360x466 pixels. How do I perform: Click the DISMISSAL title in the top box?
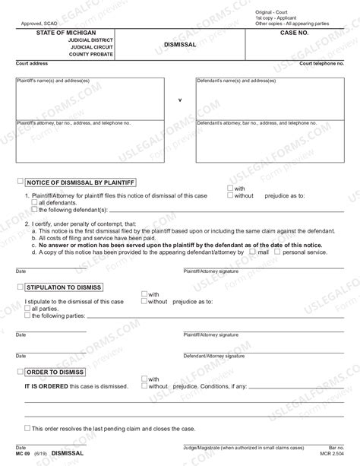[x=180, y=45]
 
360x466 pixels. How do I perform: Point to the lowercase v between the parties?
[x=180, y=100]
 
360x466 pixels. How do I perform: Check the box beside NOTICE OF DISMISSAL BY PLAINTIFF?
[x=20, y=182]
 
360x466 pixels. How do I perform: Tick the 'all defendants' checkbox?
[x=33, y=202]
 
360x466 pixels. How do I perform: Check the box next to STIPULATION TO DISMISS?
[x=20, y=288]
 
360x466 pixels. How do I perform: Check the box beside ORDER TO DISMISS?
[x=20, y=372]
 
